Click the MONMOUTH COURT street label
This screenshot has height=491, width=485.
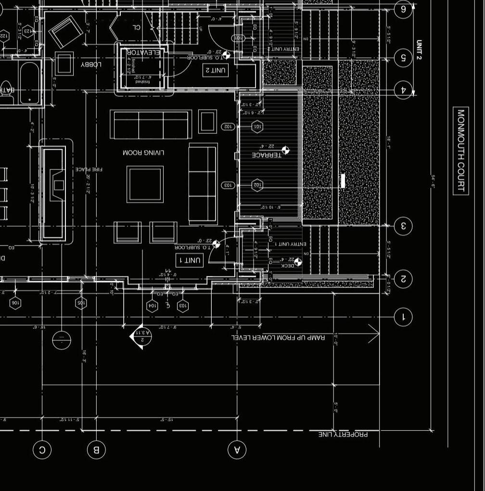pyautogui.click(x=461, y=151)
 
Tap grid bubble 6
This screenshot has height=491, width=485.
pyautogui.click(x=403, y=9)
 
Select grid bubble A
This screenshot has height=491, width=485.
pyautogui.click(x=237, y=450)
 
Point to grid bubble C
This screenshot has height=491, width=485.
pyautogui.click(x=42, y=450)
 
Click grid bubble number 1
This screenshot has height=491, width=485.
pyautogui.click(x=403, y=317)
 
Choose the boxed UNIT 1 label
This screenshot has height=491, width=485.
pyautogui.click(x=190, y=260)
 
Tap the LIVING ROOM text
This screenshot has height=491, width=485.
pyautogui.click(x=143, y=153)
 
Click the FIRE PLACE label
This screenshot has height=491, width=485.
pyautogui.click(x=89, y=169)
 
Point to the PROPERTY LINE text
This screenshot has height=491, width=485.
pyautogui.click(x=343, y=434)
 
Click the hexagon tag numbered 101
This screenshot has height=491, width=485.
pyautogui.click(x=257, y=127)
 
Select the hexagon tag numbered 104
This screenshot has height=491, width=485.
pyautogui.click(x=152, y=306)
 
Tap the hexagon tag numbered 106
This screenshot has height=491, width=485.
pyautogui.click(x=15, y=303)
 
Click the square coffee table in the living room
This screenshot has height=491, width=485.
pyautogui.click(x=145, y=184)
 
